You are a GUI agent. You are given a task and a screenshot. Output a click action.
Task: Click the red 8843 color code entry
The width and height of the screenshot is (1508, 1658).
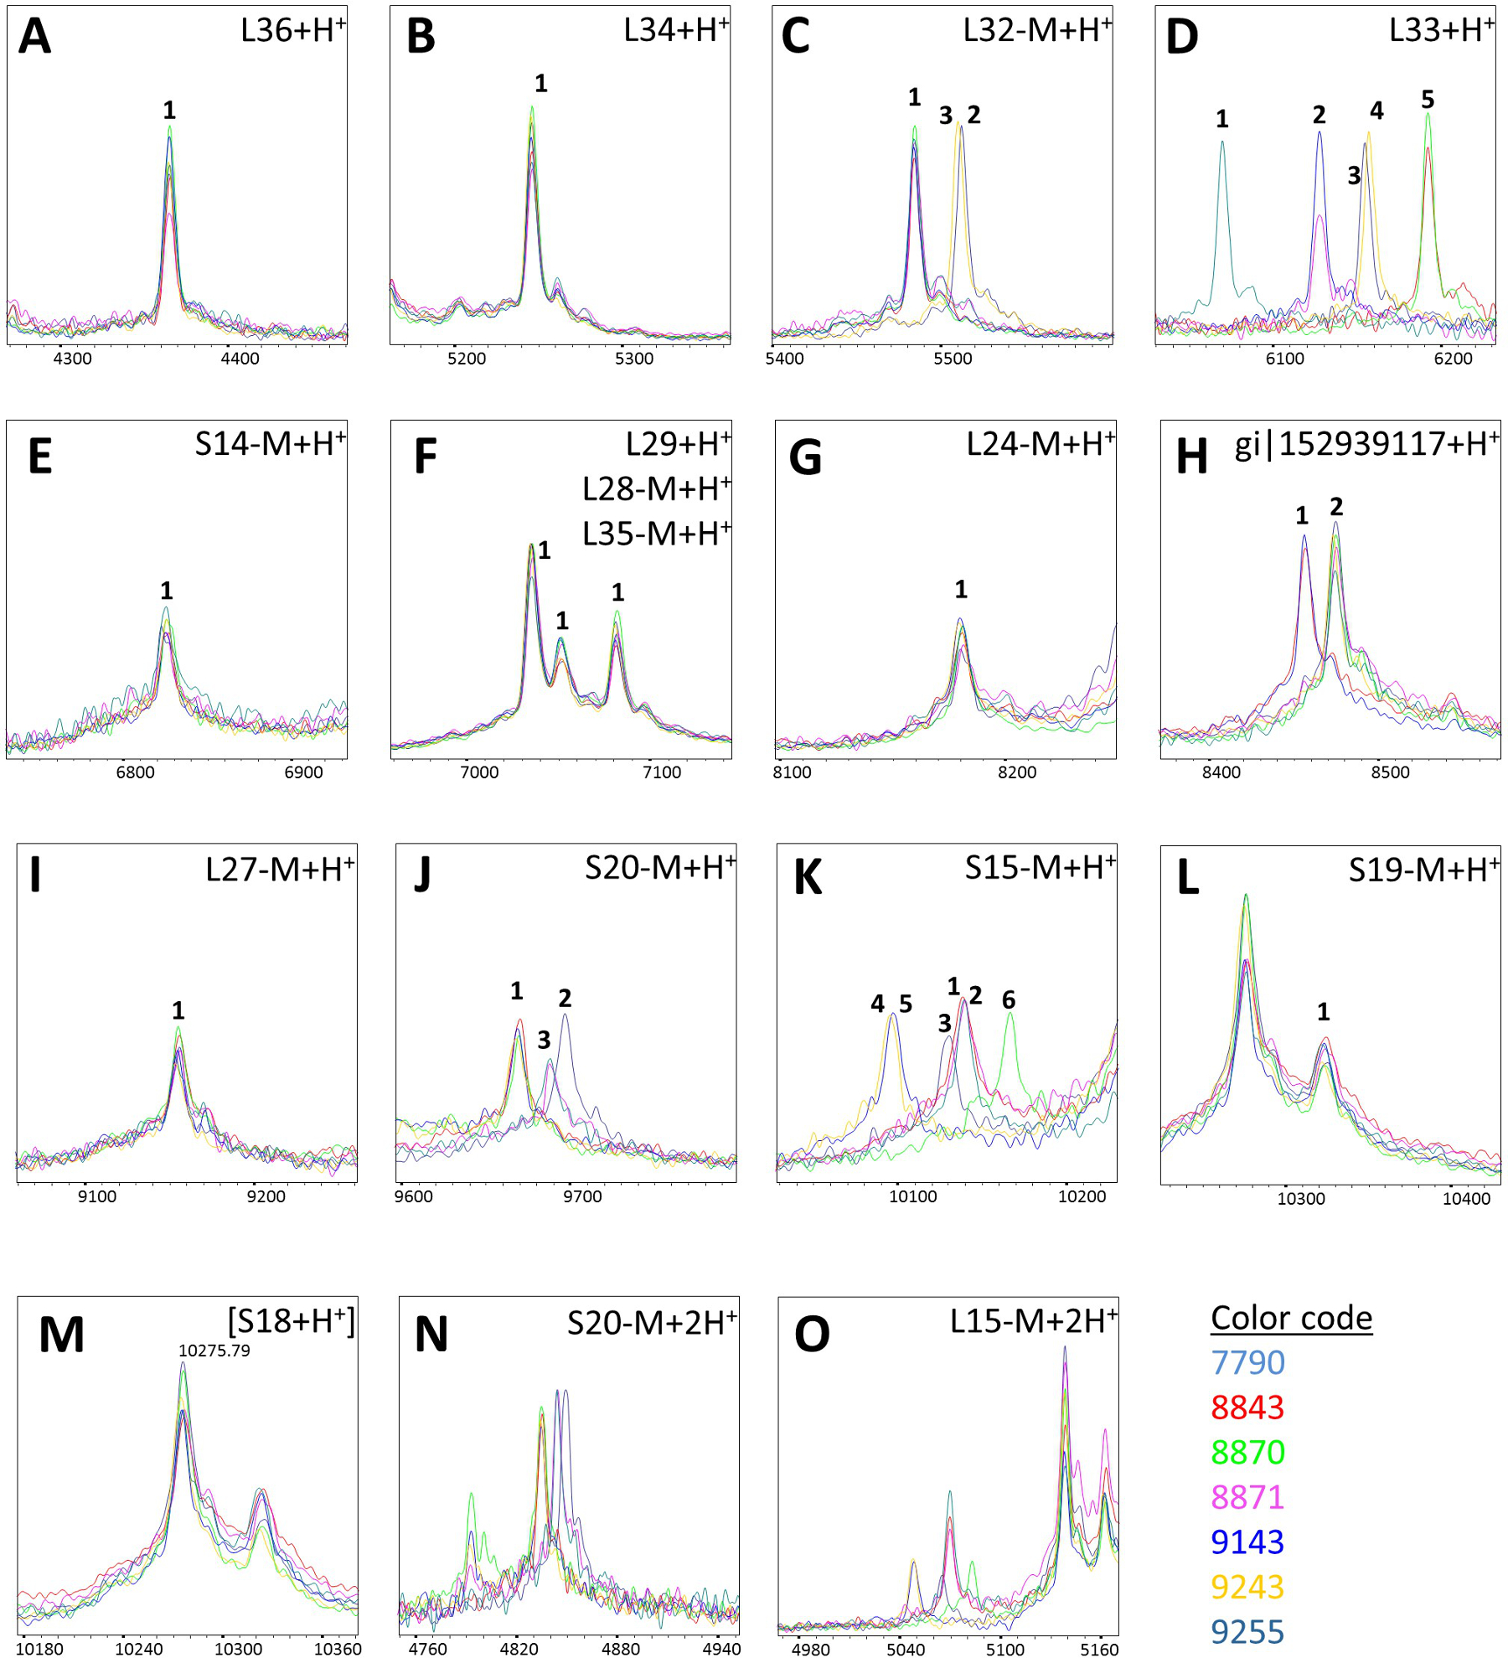pos(1247,1407)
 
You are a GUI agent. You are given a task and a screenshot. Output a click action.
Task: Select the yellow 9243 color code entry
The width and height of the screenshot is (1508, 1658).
pos(1247,1587)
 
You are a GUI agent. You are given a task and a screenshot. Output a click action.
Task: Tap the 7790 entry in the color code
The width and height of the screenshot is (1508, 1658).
pos(1247,1363)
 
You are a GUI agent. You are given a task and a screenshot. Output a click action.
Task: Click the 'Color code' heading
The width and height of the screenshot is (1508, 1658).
pos(1291,1319)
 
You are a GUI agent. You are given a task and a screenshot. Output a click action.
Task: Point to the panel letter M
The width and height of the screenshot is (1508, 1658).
pos(61,1335)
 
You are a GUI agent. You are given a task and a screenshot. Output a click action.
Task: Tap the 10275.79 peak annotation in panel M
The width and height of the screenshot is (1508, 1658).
pos(214,1351)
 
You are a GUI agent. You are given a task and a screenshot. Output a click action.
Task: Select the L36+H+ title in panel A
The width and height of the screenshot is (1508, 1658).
pos(292,31)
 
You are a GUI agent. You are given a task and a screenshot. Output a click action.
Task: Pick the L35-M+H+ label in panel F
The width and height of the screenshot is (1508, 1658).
pos(656,534)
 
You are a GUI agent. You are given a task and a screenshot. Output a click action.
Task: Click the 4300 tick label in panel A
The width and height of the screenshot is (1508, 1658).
pos(72,359)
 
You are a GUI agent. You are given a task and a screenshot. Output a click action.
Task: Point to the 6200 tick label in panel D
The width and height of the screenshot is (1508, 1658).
pos(1453,359)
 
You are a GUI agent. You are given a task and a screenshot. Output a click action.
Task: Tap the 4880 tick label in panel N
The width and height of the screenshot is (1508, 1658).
pos(621,1649)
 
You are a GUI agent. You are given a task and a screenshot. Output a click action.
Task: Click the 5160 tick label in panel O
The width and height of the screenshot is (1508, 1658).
pos(1099,1649)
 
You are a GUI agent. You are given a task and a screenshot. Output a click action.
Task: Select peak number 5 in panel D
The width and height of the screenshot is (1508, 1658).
pos(1428,100)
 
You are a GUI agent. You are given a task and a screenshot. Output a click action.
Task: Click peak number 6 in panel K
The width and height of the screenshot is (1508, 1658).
pos(1009,999)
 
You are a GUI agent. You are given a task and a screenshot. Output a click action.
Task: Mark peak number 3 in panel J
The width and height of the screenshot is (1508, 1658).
pos(544,1040)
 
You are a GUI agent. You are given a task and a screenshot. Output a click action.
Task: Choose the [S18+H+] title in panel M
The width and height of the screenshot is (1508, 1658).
pos(291,1321)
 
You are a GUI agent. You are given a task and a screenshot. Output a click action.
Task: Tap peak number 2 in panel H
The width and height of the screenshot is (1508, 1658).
pos(1336,506)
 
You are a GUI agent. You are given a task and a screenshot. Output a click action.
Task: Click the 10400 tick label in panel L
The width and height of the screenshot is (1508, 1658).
pos(1466,1199)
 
